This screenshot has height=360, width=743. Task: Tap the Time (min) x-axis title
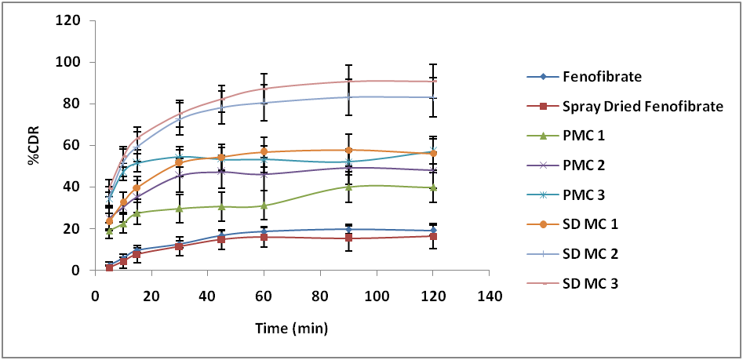click(x=290, y=328)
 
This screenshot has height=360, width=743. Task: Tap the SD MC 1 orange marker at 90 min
click(x=348, y=150)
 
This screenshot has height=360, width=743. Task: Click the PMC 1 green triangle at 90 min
click(x=348, y=187)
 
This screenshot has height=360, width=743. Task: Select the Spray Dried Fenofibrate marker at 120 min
click(x=433, y=236)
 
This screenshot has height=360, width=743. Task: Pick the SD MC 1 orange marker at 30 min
click(x=180, y=162)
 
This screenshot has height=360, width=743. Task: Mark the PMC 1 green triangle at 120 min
click(x=433, y=187)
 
